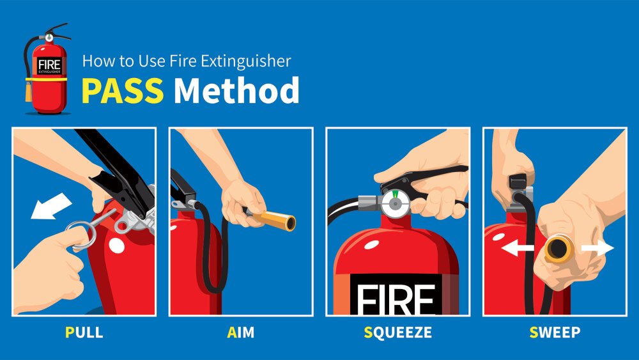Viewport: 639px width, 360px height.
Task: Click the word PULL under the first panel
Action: [84, 333]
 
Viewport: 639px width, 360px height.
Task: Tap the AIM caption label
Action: [240, 333]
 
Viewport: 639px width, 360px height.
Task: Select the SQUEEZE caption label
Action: [397, 333]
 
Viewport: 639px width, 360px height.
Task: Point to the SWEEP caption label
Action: [555, 333]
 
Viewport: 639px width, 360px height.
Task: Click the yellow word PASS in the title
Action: [122, 90]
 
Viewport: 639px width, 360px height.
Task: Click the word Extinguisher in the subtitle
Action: [246, 61]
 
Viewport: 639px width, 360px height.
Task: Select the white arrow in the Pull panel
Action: [51, 206]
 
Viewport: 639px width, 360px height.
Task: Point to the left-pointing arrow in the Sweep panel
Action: [517, 247]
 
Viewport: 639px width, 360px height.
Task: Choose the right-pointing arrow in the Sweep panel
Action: [597, 247]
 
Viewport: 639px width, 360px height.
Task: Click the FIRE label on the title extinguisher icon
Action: [49, 65]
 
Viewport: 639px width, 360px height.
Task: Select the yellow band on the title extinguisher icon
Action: [46, 79]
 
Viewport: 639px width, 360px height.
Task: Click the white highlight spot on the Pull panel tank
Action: [116, 246]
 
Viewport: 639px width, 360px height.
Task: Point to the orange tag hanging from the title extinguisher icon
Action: [28, 91]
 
